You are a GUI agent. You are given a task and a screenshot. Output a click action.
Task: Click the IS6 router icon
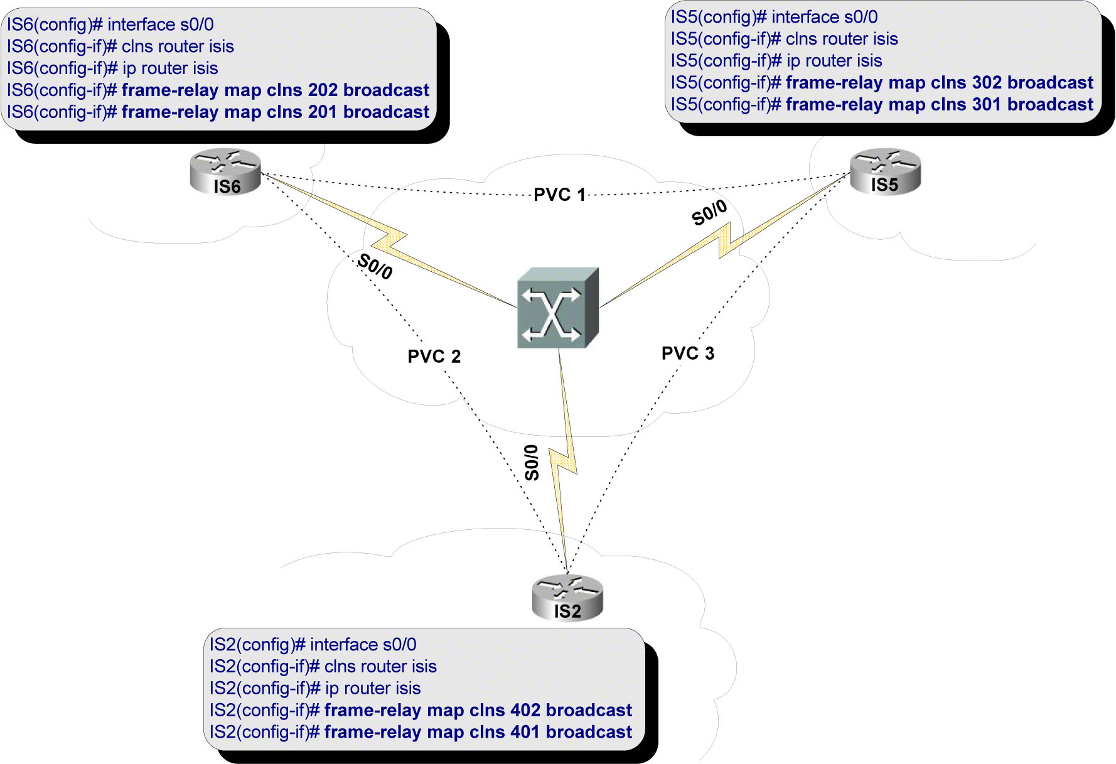point(225,171)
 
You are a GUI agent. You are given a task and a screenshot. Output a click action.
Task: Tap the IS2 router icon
point(567,598)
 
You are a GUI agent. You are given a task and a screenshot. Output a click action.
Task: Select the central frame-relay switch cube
point(557,308)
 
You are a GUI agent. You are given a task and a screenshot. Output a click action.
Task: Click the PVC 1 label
point(559,195)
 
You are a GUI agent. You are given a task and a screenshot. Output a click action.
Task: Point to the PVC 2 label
point(434,357)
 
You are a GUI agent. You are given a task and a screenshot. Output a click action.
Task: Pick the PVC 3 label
point(688,353)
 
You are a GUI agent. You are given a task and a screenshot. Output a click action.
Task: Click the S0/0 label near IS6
point(375,266)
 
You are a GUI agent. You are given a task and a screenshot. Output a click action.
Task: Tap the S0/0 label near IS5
point(709,213)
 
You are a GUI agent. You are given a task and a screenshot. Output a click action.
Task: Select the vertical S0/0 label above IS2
point(532,463)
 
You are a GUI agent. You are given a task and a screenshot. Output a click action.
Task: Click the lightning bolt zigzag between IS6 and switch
point(389,239)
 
